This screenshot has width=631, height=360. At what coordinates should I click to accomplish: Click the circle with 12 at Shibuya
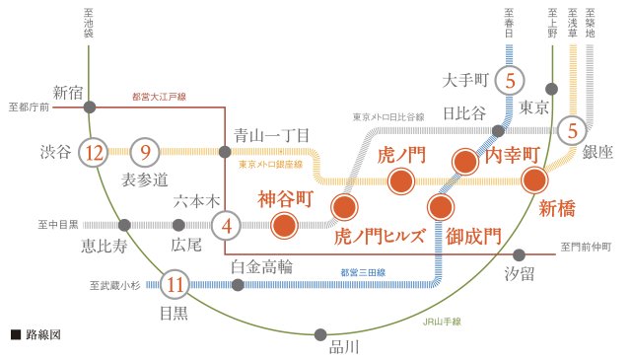[95, 152]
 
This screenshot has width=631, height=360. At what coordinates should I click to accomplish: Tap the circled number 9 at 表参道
[145, 152]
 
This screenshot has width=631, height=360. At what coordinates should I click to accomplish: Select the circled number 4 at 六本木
[227, 225]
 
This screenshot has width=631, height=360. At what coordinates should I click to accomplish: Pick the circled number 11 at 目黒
[175, 285]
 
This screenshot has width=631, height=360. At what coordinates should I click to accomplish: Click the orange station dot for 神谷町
[285, 225]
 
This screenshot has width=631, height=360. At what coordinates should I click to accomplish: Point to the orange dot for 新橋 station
[535, 180]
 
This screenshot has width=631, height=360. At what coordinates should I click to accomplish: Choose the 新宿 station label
[69, 93]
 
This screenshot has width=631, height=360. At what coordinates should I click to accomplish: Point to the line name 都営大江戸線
[160, 97]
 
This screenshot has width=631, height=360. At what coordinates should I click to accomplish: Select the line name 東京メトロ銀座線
[272, 165]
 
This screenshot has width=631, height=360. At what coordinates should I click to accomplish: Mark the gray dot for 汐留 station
[519, 254]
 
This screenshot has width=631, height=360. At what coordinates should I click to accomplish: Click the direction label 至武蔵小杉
[115, 286]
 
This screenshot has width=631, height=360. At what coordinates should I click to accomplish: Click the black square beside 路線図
[15, 335]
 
